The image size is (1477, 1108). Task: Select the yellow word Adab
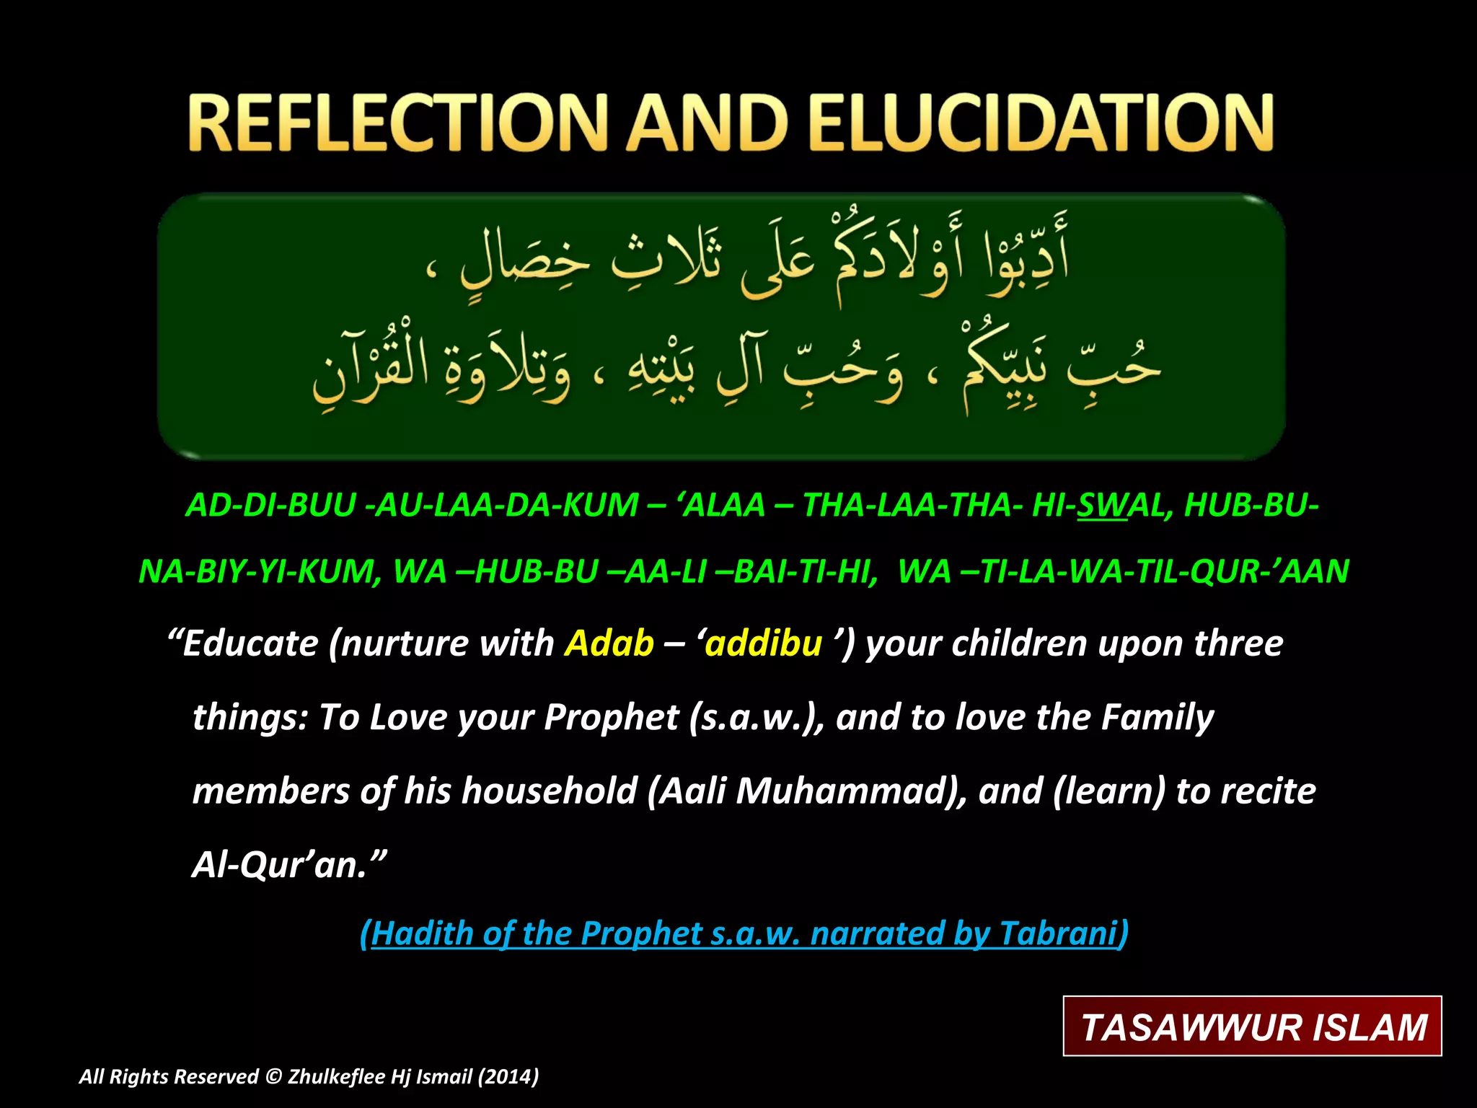(x=609, y=643)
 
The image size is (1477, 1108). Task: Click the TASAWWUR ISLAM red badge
(x=1253, y=1026)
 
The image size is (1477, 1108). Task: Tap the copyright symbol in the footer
(x=273, y=1076)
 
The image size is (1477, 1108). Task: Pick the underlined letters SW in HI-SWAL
(x=1102, y=506)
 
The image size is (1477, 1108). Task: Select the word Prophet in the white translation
(x=612, y=718)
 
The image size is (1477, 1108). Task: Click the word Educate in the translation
(x=250, y=643)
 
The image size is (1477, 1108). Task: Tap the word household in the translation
(x=550, y=791)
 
